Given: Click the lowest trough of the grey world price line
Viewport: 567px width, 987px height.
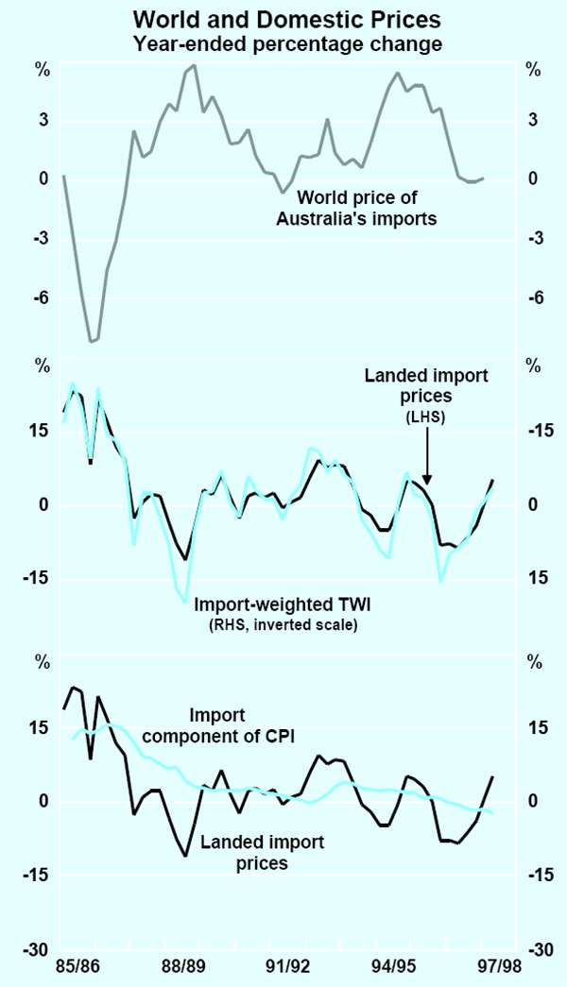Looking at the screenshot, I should pos(92,342).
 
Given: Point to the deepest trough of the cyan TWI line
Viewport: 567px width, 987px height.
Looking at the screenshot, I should pos(186,602).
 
